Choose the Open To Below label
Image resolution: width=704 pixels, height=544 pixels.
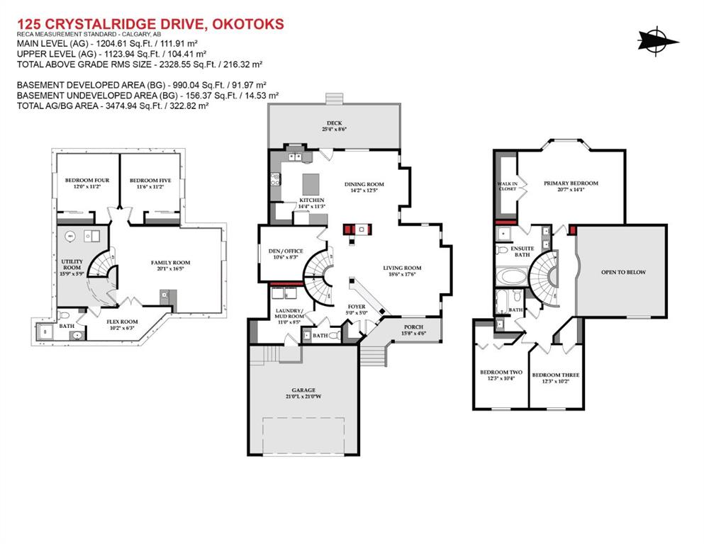pyautogui.click(x=623, y=272)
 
